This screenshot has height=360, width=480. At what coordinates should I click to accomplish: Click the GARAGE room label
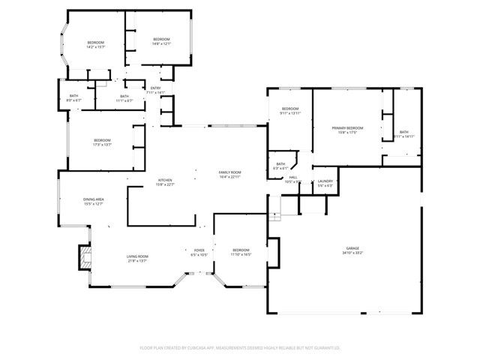click(352, 248)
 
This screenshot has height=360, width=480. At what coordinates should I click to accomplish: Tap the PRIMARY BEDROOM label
click(348, 128)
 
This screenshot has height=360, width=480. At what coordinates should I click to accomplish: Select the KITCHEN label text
click(165, 180)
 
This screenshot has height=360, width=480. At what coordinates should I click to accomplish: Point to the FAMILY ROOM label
click(229, 173)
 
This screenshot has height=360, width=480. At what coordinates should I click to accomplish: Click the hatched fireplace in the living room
click(83, 259)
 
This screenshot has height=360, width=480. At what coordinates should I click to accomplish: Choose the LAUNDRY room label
click(325, 181)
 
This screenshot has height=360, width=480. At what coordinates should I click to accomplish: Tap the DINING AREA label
click(94, 199)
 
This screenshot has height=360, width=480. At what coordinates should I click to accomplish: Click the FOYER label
click(199, 250)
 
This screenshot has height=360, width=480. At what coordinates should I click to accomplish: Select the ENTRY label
click(155, 88)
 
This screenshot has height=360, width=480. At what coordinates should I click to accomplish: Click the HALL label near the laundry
click(293, 178)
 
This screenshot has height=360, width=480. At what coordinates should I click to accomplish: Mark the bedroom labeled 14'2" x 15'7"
click(95, 43)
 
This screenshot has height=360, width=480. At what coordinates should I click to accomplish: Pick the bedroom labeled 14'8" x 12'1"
click(162, 40)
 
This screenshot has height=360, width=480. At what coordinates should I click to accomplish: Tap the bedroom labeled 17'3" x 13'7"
click(102, 141)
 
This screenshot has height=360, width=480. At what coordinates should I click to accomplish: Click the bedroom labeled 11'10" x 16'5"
click(241, 250)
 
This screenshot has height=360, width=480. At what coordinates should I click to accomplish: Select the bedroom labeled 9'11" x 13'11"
click(290, 109)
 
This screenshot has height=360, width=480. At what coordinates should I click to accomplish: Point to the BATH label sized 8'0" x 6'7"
click(73, 96)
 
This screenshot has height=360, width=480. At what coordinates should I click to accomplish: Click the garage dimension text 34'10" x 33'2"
click(352, 253)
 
